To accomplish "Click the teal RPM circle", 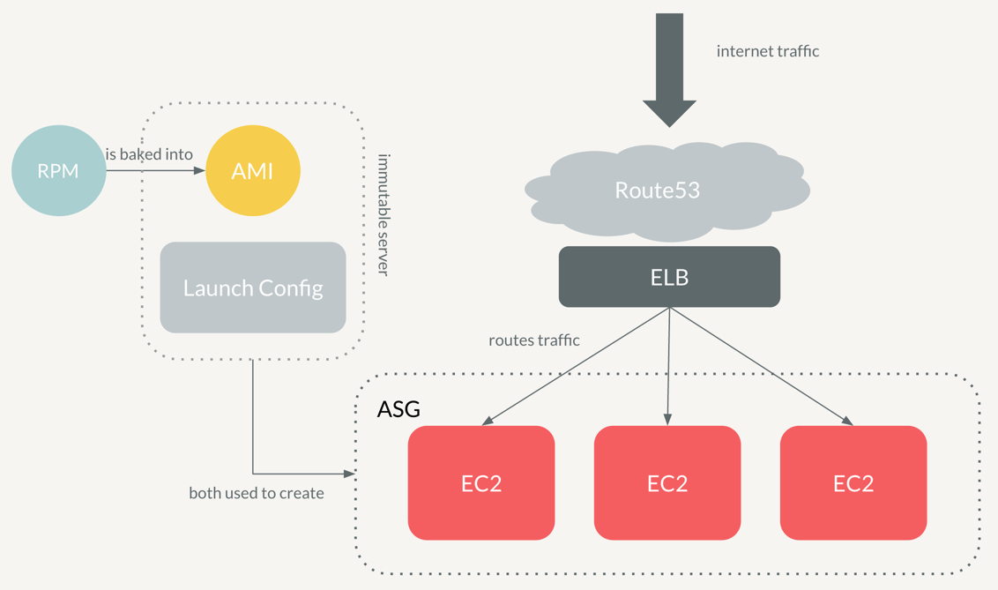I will point(58,171).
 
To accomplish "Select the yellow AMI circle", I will point(253,171).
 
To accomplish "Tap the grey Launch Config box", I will point(253,288).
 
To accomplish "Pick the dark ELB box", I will point(669,277).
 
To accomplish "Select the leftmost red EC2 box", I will point(481,482).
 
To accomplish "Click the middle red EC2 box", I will point(667,482).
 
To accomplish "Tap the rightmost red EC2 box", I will point(853,482).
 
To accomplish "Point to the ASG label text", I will point(398,409).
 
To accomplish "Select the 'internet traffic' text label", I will point(768,51).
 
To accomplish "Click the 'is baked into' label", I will point(149,154).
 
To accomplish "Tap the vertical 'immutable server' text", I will point(383,214).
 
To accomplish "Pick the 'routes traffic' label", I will point(534,340).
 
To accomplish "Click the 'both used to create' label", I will point(257,493).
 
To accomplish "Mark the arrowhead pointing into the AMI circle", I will point(199,170).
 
